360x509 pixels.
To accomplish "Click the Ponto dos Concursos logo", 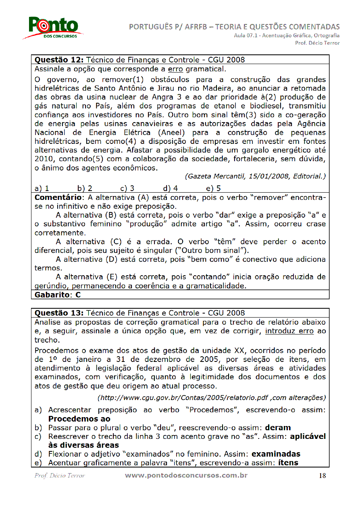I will pyautogui.click(x=53, y=27).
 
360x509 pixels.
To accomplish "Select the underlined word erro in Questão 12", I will pyautogui.click(x=176, y=69).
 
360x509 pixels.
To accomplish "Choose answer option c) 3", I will pyautogui.click(x=127, y=188).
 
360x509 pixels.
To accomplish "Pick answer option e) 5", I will pyautogui.click(x=213, y=188).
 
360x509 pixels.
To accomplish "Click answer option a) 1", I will pyautogui.click(x=42, y=188).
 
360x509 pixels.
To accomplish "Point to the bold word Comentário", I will pyautogui.click(x=58, y=197).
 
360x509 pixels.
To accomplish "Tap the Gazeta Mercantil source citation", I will pyautogui.click(x=255, y=176).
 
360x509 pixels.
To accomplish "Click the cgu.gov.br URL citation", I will pyautogui.click(x=211, y=398).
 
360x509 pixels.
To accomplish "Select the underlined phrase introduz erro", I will pyautogui.click(x=289, y=331).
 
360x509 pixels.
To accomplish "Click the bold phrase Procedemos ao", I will pyautogui.click(x=79, y=419).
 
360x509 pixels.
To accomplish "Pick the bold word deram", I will pyautogui.click(x=278, y=428).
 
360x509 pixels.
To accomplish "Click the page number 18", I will pyautogui.click(x=322, y=476).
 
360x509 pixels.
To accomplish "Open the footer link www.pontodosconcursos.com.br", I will pyautogui.click(x=186, y=476).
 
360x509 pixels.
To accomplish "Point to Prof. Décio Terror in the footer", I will pyautogui.click(x=60, y=476).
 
